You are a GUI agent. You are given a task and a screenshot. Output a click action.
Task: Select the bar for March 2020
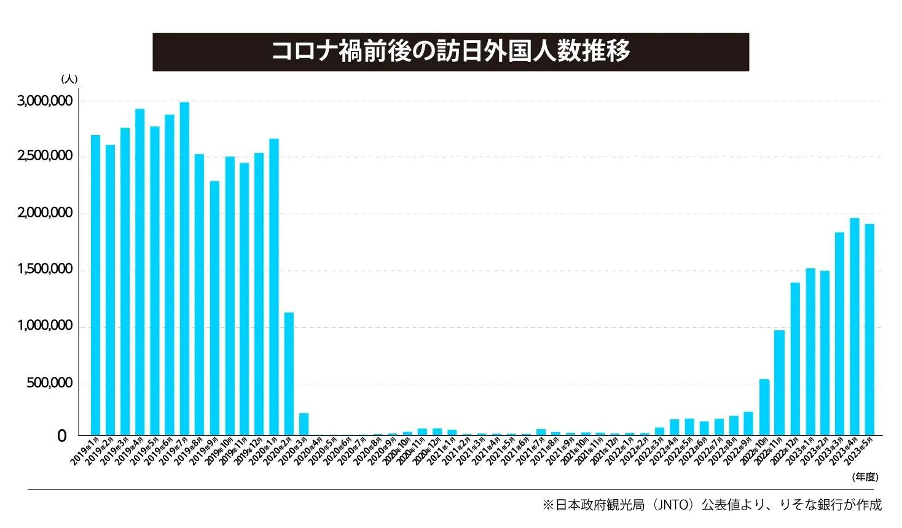point(304,424)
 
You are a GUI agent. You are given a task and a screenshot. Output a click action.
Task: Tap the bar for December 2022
point(794,359)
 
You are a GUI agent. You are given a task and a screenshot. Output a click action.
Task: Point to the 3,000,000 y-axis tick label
point(44,101)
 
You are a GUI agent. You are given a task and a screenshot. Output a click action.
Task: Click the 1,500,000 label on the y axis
point(44,270)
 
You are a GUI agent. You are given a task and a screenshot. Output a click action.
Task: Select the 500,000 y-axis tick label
point(47,384)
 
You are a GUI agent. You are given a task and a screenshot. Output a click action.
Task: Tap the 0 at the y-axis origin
point(61,437)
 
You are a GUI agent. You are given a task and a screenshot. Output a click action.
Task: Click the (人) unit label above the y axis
point(69,79)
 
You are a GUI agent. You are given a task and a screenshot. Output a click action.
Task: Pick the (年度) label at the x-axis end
point(865,476)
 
